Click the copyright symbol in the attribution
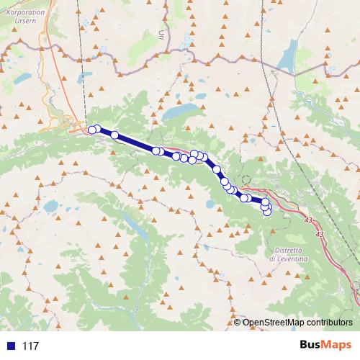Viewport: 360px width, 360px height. tap(238, 322)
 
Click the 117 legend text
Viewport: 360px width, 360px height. tap(30, 346)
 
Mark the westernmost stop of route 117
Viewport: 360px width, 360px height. tap(91, 130)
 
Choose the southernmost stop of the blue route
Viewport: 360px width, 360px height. tap(267, 212)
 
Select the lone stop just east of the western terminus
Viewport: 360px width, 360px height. tap(114, 135)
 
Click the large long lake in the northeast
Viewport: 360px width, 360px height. tap(289, 53)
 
